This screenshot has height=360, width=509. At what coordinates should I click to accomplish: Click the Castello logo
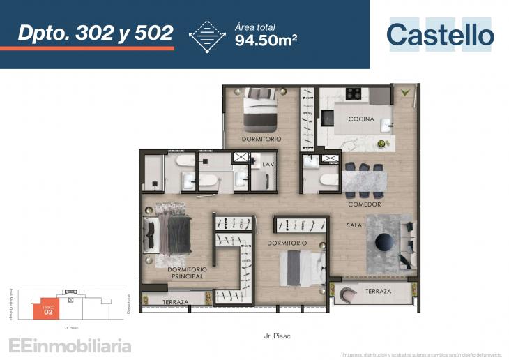[x=440, y=34]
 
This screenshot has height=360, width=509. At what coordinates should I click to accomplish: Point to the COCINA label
[x=361, y=119]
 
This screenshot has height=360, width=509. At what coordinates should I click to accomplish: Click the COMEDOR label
[x=365, y=204]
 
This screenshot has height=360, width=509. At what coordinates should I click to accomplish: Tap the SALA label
[x=354, y=226]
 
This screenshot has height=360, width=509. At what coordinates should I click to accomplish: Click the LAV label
[x=268, y=164]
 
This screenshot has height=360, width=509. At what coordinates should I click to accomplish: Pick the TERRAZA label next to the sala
[x=377, y=291]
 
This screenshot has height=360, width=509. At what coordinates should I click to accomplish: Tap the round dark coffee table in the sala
[x=385, y=241]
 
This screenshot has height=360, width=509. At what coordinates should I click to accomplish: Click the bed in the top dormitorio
[x=259, y=112]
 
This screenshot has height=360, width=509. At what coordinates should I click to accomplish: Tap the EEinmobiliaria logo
[x=69, y=345]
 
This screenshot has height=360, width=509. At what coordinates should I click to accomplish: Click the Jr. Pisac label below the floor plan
[x=278, y=336]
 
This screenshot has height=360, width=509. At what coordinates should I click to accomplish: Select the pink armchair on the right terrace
[x=348, y=296]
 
